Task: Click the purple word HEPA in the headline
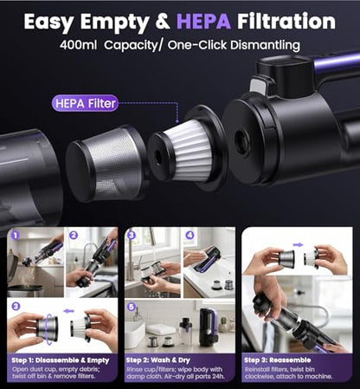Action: point(203,21)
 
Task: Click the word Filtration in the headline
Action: point(286,21)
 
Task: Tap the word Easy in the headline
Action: point(48,23)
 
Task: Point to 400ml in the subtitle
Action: point(78,45)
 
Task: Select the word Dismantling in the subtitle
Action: point(266,45)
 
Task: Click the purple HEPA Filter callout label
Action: point(85,103)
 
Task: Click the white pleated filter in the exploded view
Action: point(187,151)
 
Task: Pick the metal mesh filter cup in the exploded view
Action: point(106,163)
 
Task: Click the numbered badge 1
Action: point(16,235)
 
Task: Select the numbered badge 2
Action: point(74,235)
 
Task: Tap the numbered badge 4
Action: point(190,235)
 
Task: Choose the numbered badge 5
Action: point(132,307)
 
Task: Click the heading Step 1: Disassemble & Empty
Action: point(61,360)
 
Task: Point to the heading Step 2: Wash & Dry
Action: point(158,360)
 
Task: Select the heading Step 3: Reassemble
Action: point(278,360)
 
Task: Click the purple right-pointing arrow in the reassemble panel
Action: point(298,245)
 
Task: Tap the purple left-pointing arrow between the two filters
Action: point(68,311)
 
